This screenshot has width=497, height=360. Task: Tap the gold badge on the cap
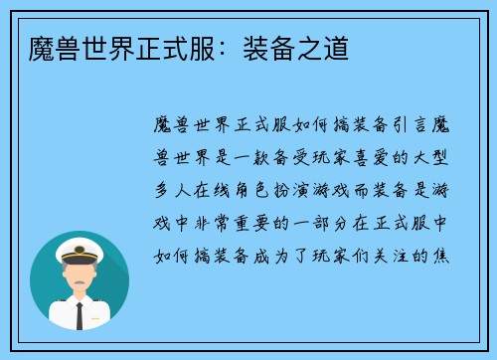[80, 245]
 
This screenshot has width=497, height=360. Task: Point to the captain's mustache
[80, 280]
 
